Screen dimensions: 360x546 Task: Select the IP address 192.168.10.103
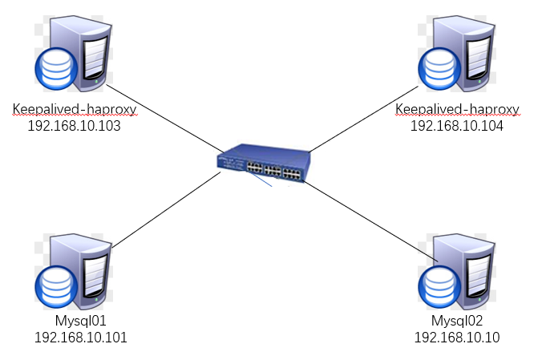[x=73, y=125]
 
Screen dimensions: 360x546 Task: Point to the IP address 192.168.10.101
[x=80, y=337]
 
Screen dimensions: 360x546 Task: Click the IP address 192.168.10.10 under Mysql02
[x=457, y=337]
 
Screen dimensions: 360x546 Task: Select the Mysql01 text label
[x=80, y=322]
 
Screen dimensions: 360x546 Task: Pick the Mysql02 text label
[x=457, y=322]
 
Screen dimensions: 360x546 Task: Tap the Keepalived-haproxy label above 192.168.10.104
[x=458, y=109]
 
